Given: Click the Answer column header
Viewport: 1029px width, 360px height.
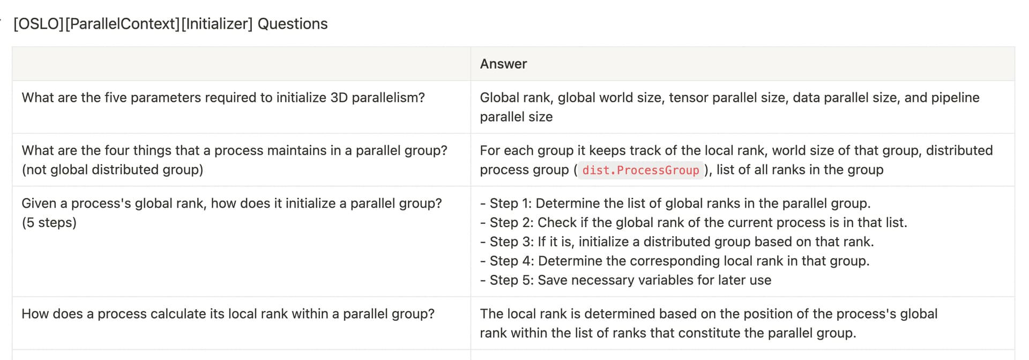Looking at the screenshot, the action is pos(503,64).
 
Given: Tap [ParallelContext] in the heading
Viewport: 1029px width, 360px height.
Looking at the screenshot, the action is pos(122,24).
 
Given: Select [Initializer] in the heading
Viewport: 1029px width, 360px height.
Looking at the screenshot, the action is pos(217,24).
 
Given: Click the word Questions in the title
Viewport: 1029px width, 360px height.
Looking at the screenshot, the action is pos(293,24).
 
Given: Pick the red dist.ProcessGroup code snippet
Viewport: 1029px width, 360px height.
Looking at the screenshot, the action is pos(640,170).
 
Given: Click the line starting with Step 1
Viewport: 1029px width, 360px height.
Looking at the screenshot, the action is pos(675,204).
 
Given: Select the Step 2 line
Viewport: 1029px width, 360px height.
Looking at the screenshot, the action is pos(694,223).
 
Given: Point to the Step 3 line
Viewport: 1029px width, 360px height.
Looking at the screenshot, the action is pos(677,242).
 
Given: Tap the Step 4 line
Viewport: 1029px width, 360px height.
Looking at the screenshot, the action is pos(675,261).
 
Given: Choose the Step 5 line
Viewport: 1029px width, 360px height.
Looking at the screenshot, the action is pos(625,280).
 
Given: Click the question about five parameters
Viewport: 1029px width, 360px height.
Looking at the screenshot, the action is pos(223,97).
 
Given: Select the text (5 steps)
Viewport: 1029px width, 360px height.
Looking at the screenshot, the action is pos(49,222).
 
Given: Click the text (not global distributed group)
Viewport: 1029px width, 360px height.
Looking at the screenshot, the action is pos(113,170).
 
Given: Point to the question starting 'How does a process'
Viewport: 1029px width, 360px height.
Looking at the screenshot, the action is pos(228,314).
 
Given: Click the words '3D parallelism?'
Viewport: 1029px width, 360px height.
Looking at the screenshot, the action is pos(377,97).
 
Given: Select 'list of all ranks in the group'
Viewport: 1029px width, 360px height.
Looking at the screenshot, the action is pos(800,170).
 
